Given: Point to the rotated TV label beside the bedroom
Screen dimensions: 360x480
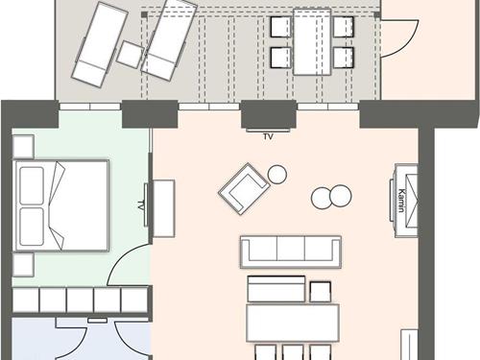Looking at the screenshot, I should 141,204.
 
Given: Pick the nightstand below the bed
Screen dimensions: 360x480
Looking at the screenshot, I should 23,264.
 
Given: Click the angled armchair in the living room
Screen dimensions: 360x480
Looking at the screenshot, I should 241,189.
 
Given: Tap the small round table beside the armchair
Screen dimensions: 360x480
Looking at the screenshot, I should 277,174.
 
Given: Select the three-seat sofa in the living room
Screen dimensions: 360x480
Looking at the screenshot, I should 290,252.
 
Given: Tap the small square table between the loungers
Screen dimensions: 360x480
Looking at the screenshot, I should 130,54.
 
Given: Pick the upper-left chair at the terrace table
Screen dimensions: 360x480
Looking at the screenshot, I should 280,26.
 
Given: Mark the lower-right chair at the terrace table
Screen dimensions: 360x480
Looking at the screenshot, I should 344,58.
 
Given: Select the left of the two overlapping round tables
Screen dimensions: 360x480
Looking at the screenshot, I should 323,198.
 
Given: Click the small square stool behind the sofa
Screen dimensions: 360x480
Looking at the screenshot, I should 321,289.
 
